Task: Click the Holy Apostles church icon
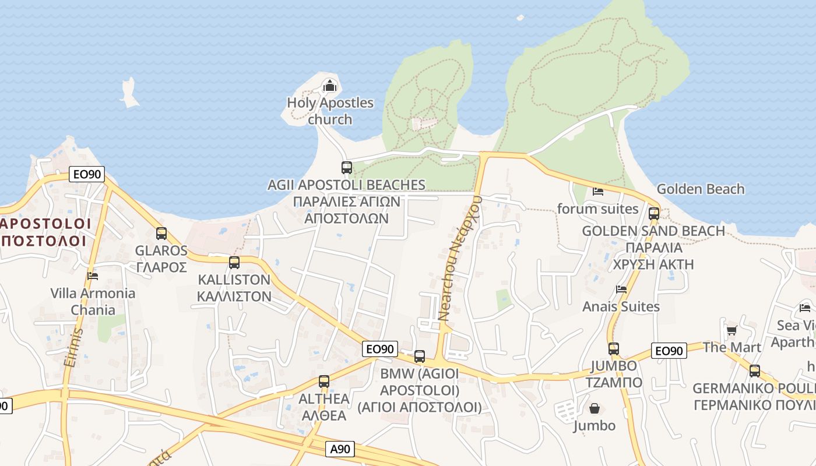(x=330, y=86)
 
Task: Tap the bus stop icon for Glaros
(x=161, y=234)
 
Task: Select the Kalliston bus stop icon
(x=234, y=262)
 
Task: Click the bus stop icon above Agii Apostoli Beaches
(x=347, y=168)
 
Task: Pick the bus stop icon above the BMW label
(x=420, y=356)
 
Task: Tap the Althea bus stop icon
(x=324, y=382)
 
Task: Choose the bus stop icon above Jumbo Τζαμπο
(x=614, y=349)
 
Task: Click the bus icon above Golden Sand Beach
(x=654, y=214)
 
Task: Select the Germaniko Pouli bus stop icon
(x=755, y=371)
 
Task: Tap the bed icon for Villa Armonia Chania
(x=93, y=276)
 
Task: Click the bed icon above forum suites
(x=598, y=191)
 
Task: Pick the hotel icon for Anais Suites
(x=621, y=290)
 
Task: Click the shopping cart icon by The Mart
(x=731, y=330)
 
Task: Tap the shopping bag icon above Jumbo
(x=595, y=408)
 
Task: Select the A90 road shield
(x=340, y=449)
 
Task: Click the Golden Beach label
(x=700, y=189)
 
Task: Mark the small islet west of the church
(x=129, y=93)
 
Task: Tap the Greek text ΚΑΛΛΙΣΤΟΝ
(x=234, y=296)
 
